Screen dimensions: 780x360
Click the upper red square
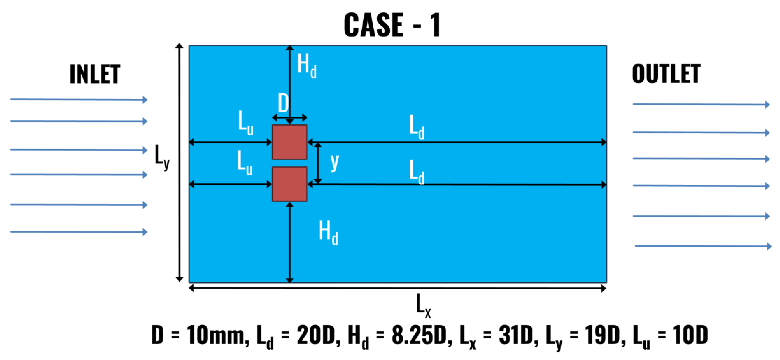tap(290, 142)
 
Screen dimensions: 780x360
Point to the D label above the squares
tap(283, 103)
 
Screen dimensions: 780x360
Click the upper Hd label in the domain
tap(307, 65)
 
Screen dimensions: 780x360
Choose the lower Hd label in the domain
tap(328, 232)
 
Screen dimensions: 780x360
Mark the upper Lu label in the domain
tap(245, 122)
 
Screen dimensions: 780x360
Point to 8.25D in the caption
tap(419, 335)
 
